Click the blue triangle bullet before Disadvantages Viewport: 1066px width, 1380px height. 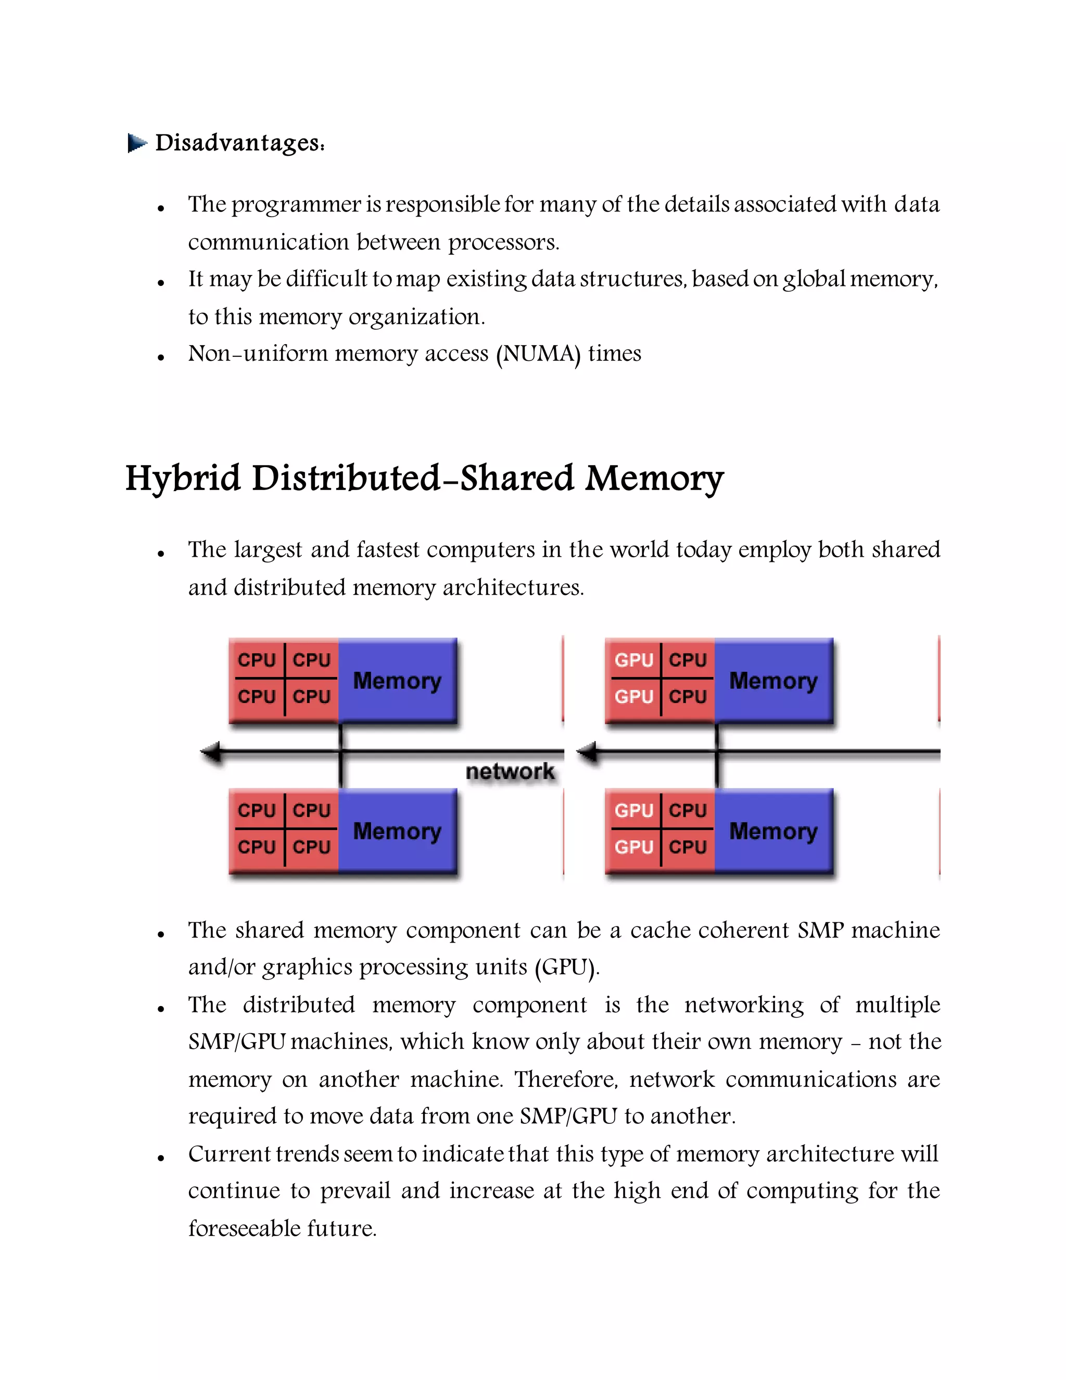(136, 143)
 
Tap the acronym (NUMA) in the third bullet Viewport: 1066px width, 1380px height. (538, 354)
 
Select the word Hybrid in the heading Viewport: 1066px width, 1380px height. (183, 479)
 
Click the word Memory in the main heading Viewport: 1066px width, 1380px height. (654, 479)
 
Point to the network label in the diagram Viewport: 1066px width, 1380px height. (510, 771)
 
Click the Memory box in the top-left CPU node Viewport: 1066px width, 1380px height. (397, 681)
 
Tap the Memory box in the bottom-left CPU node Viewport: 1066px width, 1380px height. (397, 831)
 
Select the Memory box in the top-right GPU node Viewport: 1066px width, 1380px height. (773, 681)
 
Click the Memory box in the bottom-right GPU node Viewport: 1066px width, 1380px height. (773, 831)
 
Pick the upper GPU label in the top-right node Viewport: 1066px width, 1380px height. (633, 660)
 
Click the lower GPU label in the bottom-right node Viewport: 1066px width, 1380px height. (633, 847)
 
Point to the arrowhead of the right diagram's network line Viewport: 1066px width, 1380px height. (587, 752)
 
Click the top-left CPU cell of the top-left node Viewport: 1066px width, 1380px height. (257, 660)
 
